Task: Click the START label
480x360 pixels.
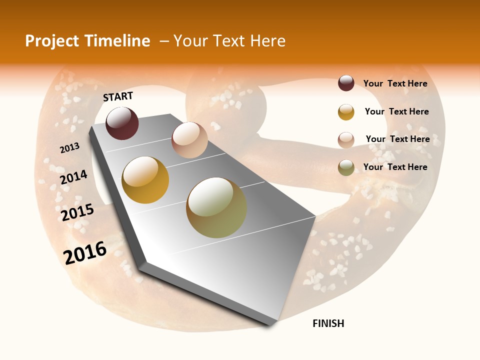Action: click(x=118, y=96)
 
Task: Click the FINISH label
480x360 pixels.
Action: click(x=328, y=323)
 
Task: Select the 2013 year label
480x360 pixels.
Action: click(x=70, y=148)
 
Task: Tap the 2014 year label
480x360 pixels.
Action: click(x=74, y=177)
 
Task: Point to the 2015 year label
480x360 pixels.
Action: click(x=77, y=212)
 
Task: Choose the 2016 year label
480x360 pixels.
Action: click(x=85, y=252)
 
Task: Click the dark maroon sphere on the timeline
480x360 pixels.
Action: click(x=122, y=123)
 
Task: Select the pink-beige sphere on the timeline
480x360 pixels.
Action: click(x=189, y=140)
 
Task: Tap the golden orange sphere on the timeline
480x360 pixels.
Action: click(x=145, y=180)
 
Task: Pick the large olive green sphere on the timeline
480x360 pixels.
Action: click(x=216, y=207)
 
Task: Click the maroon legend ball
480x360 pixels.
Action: click(x=346, y=83)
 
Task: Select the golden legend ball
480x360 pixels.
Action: click(x=346, y=112)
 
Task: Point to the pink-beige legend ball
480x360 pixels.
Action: click(x=346, y=140)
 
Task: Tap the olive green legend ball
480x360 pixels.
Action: click(x=346, y=167)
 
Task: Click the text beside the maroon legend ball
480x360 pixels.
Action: click(x=395, y=84)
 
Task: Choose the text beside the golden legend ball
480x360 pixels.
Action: click(x=397, y=111)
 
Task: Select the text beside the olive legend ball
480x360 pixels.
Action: click(x=395, y=167)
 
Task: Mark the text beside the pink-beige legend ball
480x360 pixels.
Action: click(x=398, y=139)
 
